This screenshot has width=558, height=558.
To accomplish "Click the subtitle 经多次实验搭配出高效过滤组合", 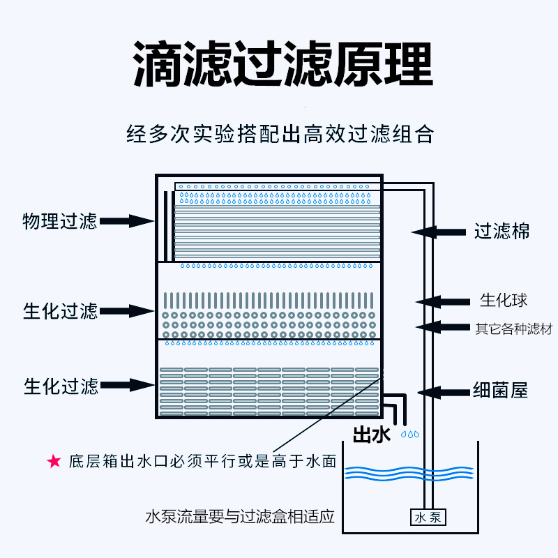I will [x=280, y=133].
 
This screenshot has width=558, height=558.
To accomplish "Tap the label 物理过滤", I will [x=59, y=222].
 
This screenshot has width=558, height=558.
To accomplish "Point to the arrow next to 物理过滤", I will [x=127, y=222].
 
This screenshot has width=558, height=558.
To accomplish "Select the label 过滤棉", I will [x=502, y=231].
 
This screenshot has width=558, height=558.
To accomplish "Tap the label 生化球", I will [x=503, y=301].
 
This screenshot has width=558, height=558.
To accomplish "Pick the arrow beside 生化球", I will [x=443, y=301].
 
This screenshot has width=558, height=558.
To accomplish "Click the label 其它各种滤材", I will [x=513, y=327].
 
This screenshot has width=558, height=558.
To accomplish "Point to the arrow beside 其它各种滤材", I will [x=443, y=326].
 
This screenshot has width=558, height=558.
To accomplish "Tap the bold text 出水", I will [x=372, y=435].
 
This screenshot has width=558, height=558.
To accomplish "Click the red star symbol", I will [x=53, y=461].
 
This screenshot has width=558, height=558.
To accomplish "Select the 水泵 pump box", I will [x=427, y=518].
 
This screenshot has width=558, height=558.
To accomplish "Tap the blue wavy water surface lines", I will [x=410, y=474].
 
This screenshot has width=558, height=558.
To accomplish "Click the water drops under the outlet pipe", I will [x=410, y=434].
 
